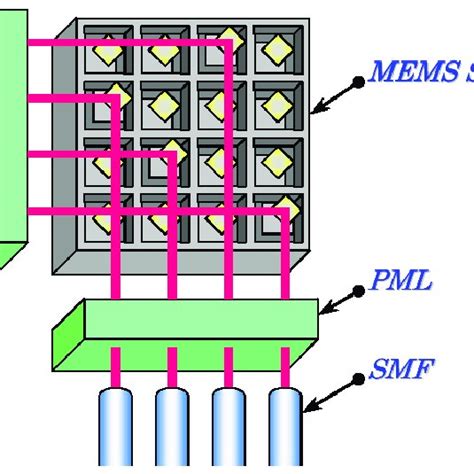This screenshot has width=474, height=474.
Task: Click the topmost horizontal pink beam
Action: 120,43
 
